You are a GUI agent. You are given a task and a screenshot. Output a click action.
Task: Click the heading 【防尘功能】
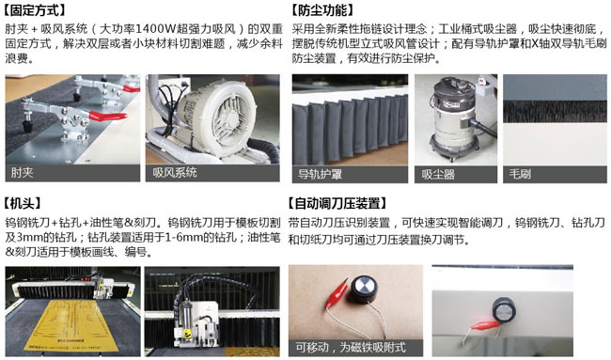pyautogui.click(x=324, y=10)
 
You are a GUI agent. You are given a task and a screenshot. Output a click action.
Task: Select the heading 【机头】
pyautogui.click(x=27, y=203)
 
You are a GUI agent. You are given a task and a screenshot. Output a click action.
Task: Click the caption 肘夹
pyautogui.click(x=23, y=173)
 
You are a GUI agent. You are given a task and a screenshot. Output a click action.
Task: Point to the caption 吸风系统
pyautogui.click(x=174, y=173)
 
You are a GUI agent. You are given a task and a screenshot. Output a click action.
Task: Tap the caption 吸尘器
pyautogui.click(x=438, y=174)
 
